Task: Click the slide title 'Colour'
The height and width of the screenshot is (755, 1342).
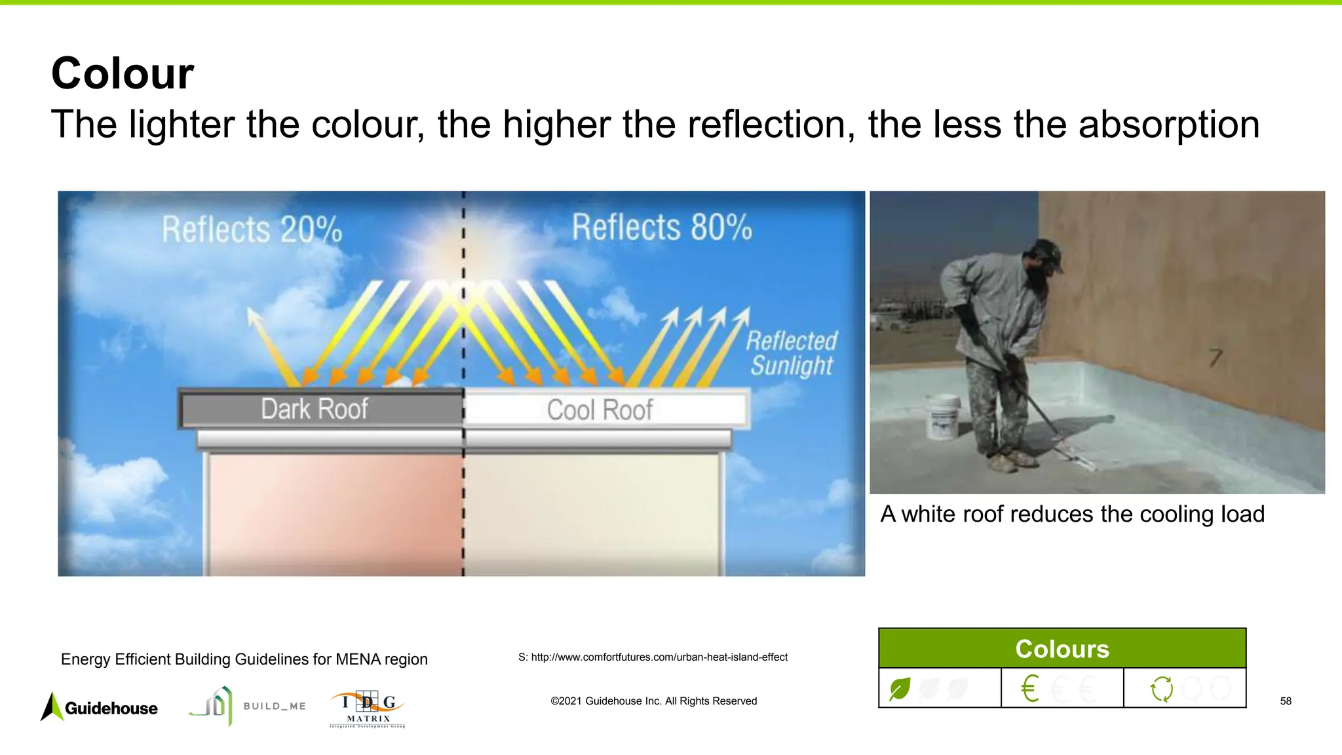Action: [x=123, y=73]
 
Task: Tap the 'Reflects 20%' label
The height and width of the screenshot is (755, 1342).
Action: [x=252, y=229]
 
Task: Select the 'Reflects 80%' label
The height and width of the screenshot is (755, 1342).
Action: [x=662, y=227]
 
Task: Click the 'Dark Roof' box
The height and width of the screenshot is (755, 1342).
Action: [x=315, y=409]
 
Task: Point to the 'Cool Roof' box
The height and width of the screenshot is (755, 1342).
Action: [x=600, y=410]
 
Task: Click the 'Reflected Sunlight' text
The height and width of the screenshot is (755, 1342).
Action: [x=792, y=353]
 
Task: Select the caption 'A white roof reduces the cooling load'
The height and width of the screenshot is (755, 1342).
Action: [x=1072, y=514]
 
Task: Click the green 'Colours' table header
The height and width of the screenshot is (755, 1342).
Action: [x=1062, y=649]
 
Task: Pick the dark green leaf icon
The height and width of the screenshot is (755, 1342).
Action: [x=900, y=689]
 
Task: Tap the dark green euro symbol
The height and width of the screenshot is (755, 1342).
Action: [x=1029, y=689]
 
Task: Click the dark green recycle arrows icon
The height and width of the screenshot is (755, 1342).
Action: [x=1162, y=689]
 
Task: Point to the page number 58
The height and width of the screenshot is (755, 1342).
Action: [x=1286, y=701]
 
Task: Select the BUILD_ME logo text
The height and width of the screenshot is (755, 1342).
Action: [x=275, y=706]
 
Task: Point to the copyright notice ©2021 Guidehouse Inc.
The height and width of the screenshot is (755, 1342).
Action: [x=653, y=701]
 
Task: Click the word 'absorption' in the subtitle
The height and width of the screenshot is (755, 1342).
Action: [x=1168, y=125]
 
